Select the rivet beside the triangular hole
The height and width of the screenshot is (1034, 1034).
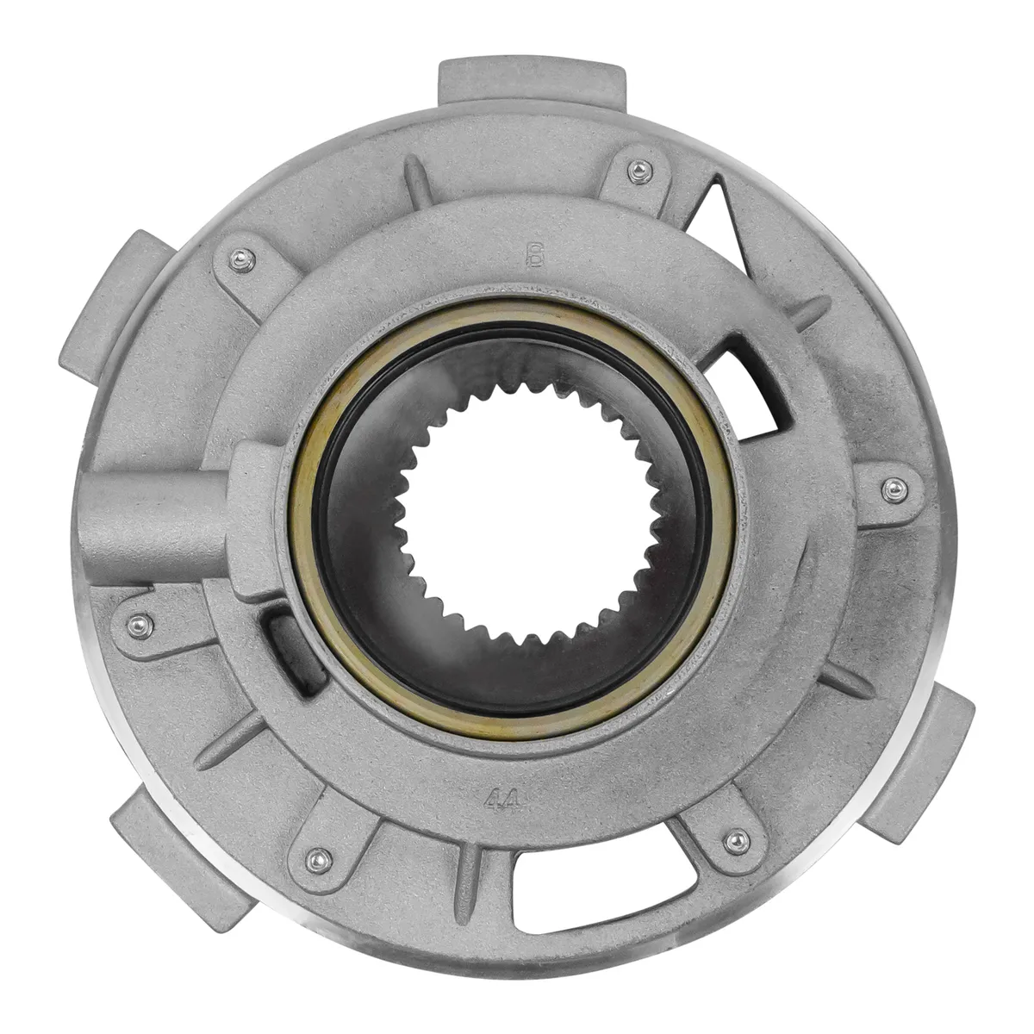(638, 171)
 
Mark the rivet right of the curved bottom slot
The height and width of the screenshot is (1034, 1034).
(735, 838)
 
